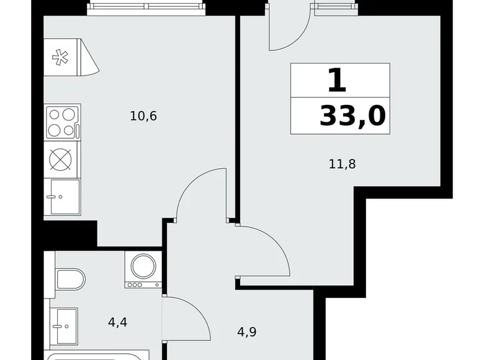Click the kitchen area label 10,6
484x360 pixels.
coord(143,115)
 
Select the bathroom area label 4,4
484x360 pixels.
coord(119,322)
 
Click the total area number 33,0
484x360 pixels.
coord(352,116)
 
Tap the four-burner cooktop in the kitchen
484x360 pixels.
coord(62,122)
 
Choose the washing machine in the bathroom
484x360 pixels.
coord(143,270)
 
